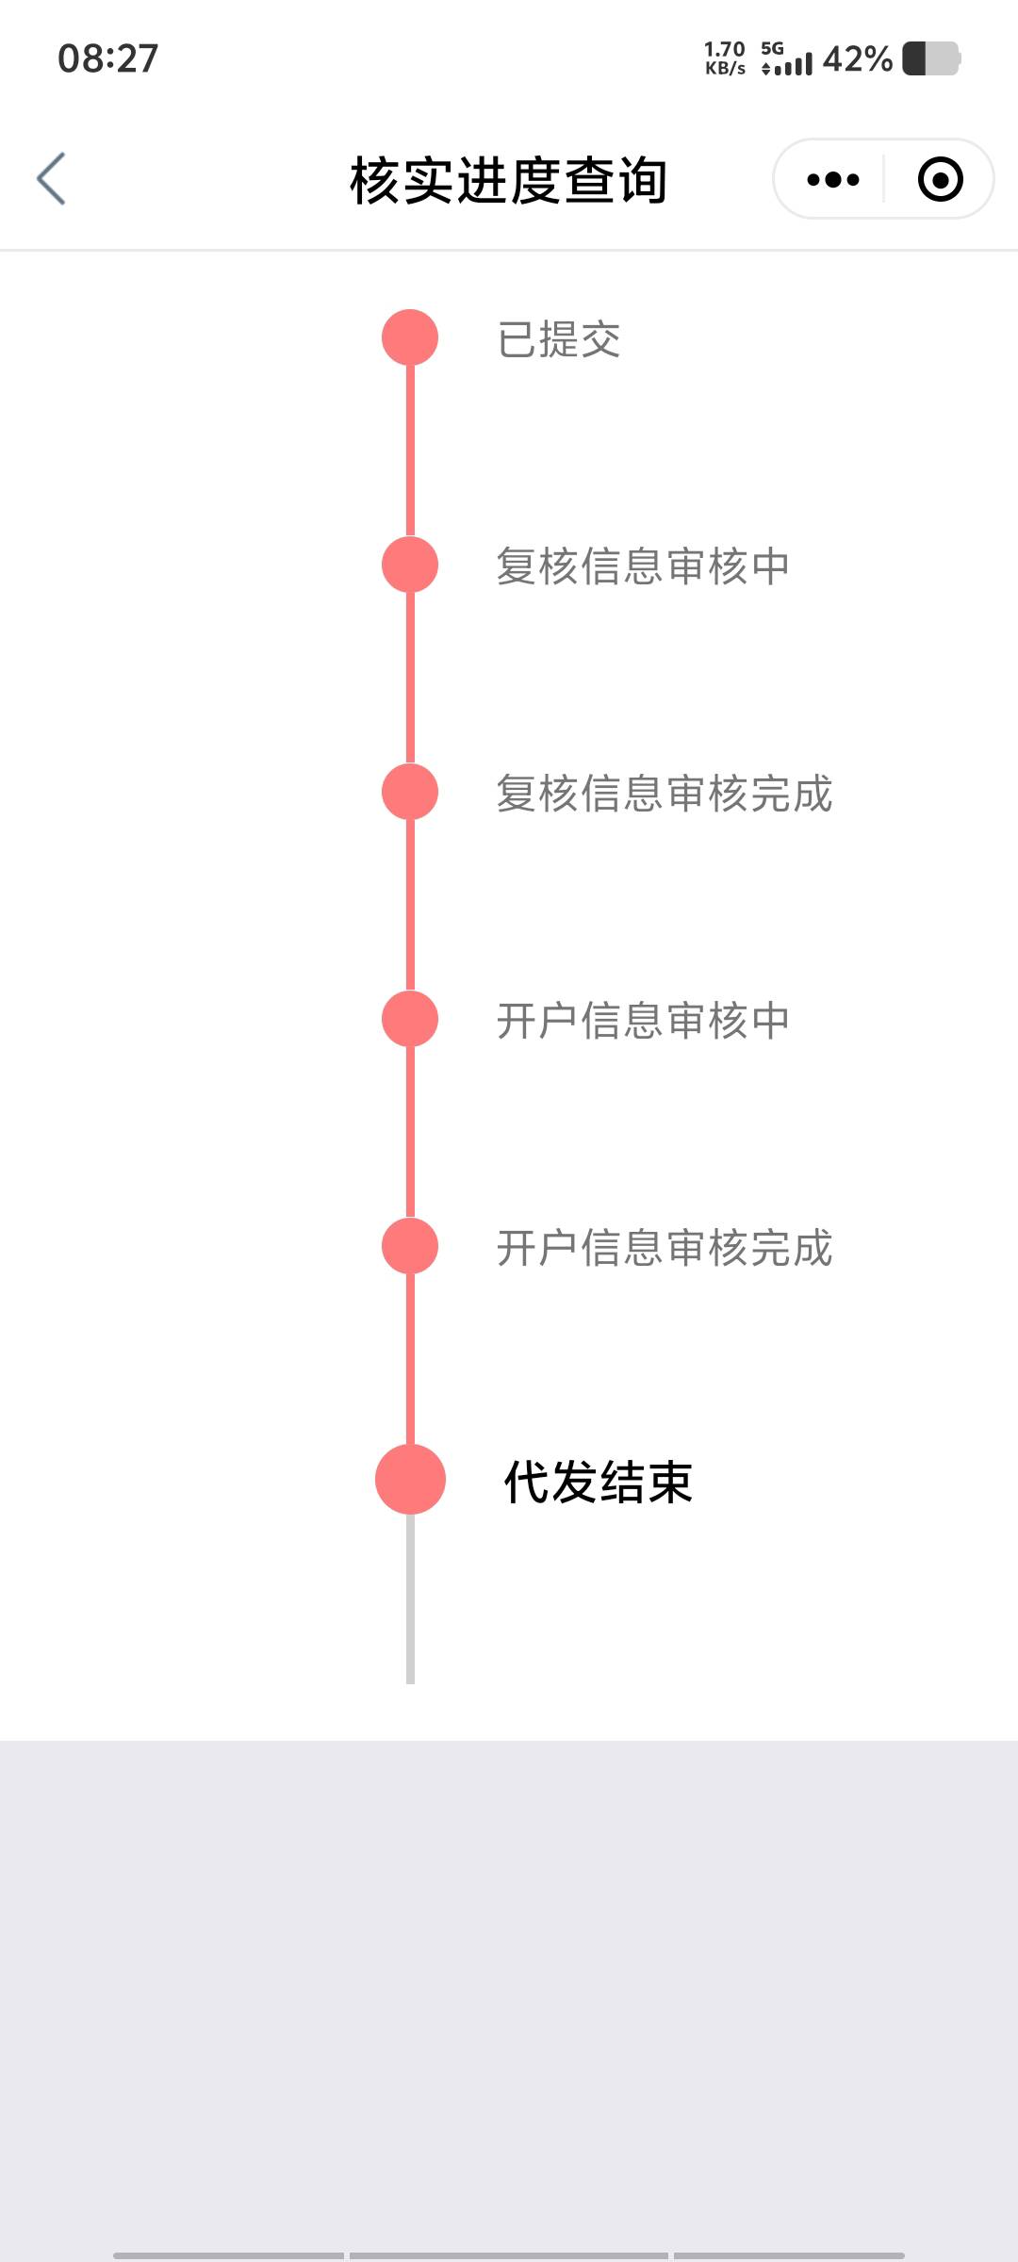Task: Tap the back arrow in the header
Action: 52,178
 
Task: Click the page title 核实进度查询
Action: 508,180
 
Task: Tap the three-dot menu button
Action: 833,179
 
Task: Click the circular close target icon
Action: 940,179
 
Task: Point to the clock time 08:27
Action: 107,58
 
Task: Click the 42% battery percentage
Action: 857,58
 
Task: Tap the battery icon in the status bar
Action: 931,58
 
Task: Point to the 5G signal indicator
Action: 785,58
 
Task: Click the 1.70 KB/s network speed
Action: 725,58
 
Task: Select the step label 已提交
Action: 559,339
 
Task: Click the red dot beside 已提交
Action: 410,337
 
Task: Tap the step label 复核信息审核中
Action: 643,566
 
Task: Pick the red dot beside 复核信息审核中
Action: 410,565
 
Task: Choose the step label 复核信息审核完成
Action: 665,794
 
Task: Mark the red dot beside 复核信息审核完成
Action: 410,792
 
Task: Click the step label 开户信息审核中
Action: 643,1021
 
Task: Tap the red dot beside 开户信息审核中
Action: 410,1019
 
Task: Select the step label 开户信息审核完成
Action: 665,1248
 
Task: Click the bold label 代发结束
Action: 599,1482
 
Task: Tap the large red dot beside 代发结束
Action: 410,1479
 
